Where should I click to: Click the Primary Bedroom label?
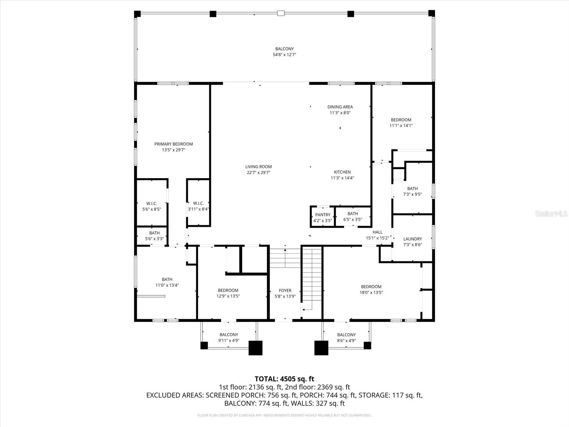(173, 144)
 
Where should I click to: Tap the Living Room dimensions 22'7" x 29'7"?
(259, 173)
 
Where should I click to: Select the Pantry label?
(323, 215)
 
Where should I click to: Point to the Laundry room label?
(413, 239)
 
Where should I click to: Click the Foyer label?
(285, 291)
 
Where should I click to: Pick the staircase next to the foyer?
(312, 278)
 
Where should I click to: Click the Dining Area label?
(340, 107)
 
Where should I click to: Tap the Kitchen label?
(342, 172)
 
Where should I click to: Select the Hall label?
(377, 232)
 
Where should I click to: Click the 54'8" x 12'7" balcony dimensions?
(284, 55)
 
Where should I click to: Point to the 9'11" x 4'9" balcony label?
(229, 335)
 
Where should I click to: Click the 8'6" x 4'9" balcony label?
(346, 335)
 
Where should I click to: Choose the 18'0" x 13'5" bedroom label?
(371, 287)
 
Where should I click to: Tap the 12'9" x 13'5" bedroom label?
(228, 290)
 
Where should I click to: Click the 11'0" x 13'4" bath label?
(167, 280)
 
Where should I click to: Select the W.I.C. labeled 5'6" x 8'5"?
(151, 204)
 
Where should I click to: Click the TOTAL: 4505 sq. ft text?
(284, 379)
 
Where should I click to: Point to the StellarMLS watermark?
(551, 214)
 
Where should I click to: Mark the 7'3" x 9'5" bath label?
(413, 189)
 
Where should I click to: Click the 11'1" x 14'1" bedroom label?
(401, 120)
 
